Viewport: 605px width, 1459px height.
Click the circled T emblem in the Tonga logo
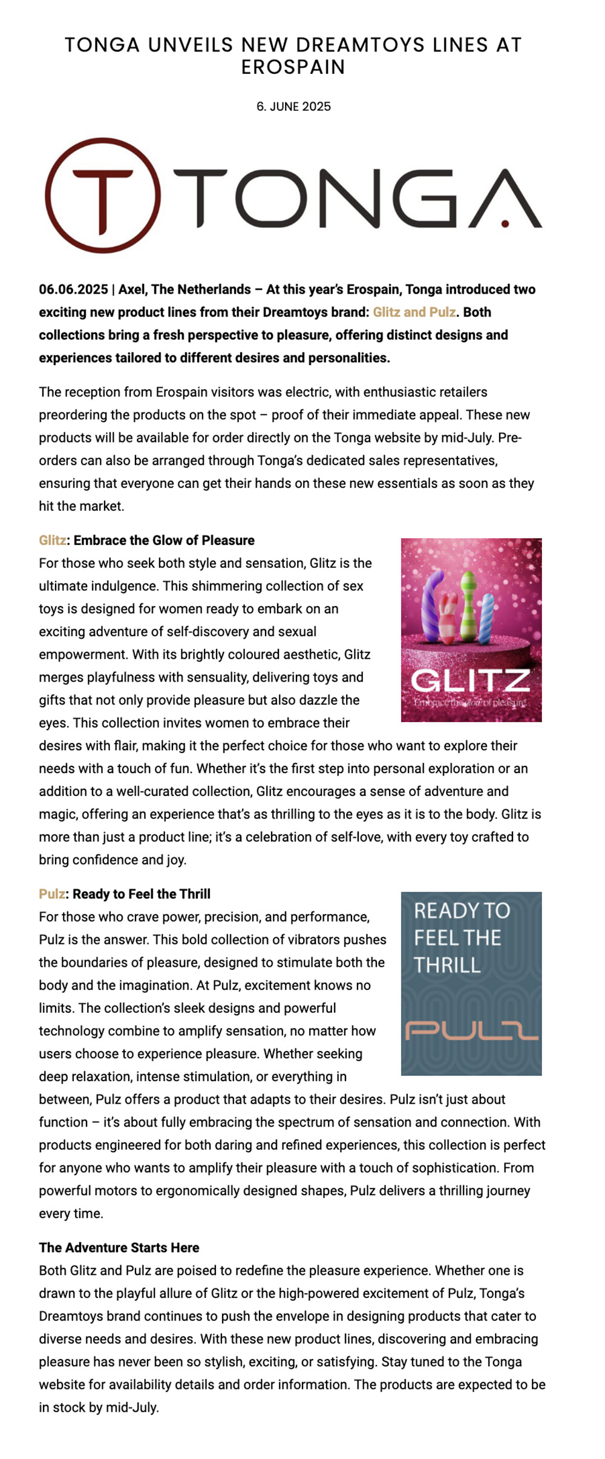click(x=103, y=195)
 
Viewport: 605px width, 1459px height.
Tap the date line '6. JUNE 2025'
click(x=293, y=107)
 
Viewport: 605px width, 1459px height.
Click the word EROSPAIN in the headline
click(x=293, y=67)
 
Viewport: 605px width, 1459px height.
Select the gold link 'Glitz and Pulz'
click(x=414, y=312)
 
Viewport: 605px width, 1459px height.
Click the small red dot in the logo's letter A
click(x=505, y=223)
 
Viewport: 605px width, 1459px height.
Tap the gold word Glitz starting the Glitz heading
click(x=53, y=540)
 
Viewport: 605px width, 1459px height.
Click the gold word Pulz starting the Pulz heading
click(x=52, y=894)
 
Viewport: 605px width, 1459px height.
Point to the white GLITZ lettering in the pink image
click(x=471, y=680)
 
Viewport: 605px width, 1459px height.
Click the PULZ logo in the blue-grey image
click(x=471, y=1030)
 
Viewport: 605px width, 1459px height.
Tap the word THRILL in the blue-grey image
click(x=447, y=965)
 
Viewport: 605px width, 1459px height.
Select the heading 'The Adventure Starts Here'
click(x=119, y=1247)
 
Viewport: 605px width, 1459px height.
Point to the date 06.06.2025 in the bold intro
click(x=73, y=289)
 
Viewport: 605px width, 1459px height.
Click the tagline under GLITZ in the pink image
click(x=471, y=702)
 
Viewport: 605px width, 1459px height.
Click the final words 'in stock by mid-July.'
click(x=99, y=1407)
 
